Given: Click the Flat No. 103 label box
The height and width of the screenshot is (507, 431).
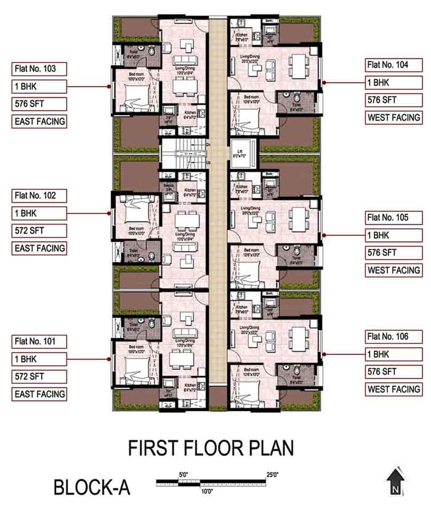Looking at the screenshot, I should point(39,69).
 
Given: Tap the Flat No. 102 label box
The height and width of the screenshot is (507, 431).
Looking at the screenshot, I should point(39,196).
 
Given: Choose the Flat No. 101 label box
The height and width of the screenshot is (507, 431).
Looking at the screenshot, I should point(39,341).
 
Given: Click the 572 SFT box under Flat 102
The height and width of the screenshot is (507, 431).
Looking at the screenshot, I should point(39,231).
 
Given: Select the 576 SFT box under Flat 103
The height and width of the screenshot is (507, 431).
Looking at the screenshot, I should point(39,104).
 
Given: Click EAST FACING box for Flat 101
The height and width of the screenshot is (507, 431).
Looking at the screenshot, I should point(39,394).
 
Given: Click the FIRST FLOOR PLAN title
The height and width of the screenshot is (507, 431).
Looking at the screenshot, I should point(211,448).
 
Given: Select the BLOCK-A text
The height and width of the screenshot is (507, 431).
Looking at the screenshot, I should point(92,487).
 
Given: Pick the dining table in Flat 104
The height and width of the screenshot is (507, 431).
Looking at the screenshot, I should point(300,63).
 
